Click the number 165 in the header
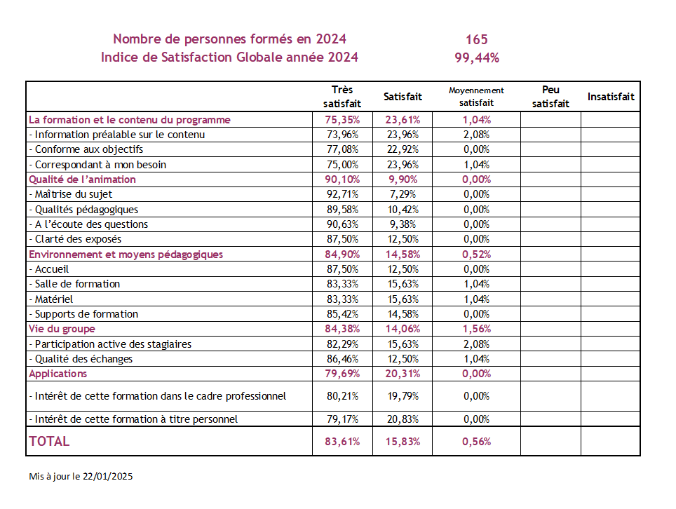(x=476, y=40)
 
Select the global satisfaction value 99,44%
(x=477, y=57)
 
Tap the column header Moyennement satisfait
(x=476, y=97)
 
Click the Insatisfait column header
(x=611, y=97)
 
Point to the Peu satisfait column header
(x=550, y=97)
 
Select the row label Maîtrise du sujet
(x=71, y=194)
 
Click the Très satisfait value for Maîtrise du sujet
(x=342, y=194)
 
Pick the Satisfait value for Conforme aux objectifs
(x=403, y=149)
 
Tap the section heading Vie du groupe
(x=62, y=329)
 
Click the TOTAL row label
(x=49, y=441)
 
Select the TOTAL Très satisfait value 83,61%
(x=342, y=442)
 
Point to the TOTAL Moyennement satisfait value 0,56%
(x=476, y=442)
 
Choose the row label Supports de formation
(x=83, y=314)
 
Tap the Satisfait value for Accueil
(x=403, y=269)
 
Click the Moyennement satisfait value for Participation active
(x=476, y=344)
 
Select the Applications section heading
(x=58, y=374)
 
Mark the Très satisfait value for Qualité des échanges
(x=342, y=359)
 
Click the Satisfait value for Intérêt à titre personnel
(x=403, y=419)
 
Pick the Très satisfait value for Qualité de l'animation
(x=342, y=179)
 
